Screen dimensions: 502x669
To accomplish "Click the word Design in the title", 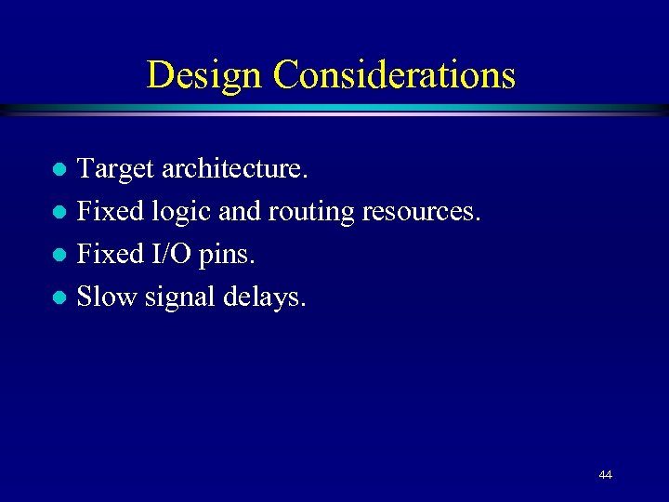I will pyautogui.click(x=204, y=74).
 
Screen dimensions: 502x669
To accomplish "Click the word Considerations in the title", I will pyautogui.click(x=394, y=74).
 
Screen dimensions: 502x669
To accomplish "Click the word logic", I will pyautogui.click(x=183, y=213).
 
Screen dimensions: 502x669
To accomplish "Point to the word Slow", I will pyautogui.click(x=105, y=297).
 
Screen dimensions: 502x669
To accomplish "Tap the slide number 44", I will pyautogui.click(x=606, y=475).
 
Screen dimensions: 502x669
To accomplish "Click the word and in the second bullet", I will pyautogui.click(x=240, y=212).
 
